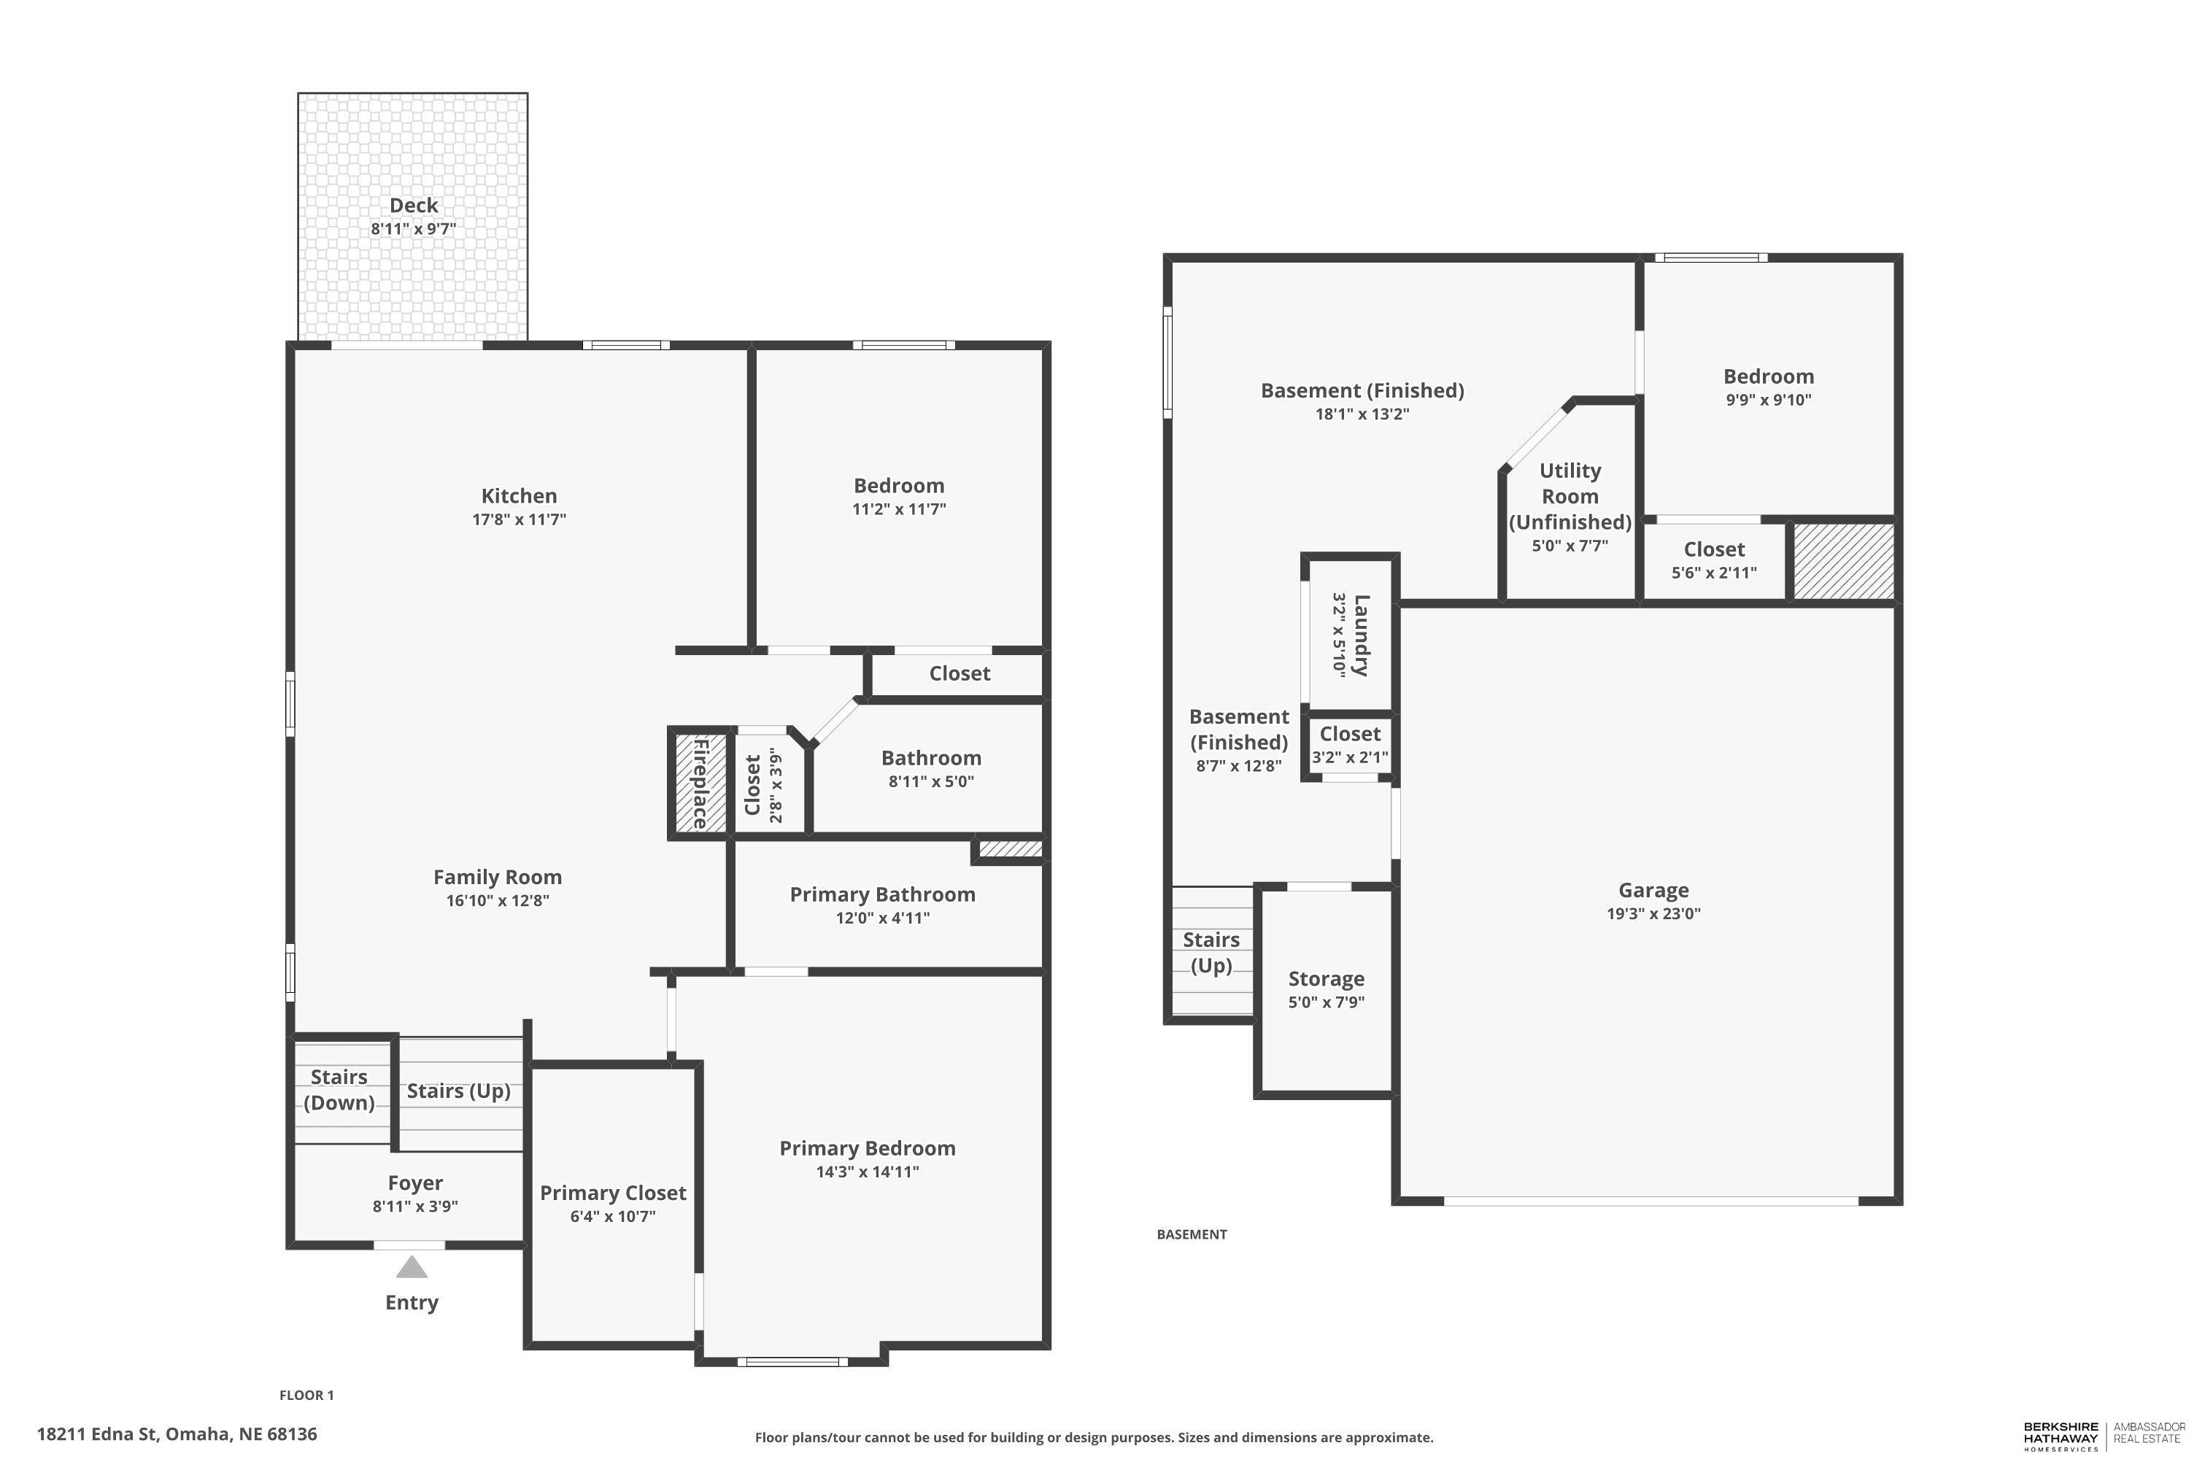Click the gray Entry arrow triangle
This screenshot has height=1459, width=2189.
412,1267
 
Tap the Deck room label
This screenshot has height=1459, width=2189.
413,206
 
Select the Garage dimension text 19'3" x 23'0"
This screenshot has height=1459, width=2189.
1653,914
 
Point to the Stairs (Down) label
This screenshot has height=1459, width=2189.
339,1090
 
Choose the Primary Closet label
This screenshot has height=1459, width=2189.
614,1193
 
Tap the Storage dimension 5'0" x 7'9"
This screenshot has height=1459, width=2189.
1327,1002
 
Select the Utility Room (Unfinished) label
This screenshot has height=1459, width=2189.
1570,496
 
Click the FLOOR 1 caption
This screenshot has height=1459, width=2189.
306,1395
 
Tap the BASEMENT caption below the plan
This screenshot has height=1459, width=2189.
1192,1234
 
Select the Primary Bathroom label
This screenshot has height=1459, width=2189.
882,894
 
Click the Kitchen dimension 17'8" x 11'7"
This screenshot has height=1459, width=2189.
520,519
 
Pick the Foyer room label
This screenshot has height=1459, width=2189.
415,1183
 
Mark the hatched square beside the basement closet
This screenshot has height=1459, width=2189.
1844,561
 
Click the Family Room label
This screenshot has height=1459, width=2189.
498,877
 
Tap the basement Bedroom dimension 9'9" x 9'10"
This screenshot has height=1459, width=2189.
1768,400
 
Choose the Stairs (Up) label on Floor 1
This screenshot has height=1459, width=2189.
459,1091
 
